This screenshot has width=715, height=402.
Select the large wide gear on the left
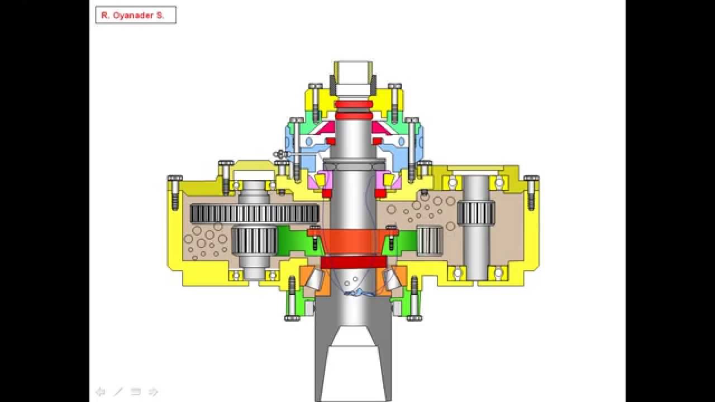[254, 213]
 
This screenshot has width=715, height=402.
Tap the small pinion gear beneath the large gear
[254, 240]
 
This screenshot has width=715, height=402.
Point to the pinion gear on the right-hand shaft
[476, 212]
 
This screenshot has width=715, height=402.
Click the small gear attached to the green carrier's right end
[430, 241]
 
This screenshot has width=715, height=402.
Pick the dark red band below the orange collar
[354, 262]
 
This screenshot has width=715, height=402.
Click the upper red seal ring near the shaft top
[354, 104]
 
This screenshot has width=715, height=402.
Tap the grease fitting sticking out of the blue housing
[280, 155]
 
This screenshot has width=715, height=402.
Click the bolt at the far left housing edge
[175, 192]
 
